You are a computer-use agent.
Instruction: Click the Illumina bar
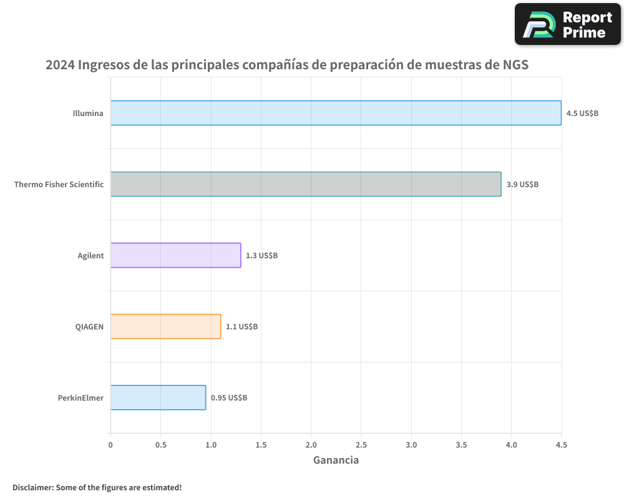(x=336, y=113)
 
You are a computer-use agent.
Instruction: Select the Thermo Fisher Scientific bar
(x=306, y=184)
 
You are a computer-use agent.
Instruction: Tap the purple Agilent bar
(x=175, y=255)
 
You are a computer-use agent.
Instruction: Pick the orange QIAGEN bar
(x=165, y=326)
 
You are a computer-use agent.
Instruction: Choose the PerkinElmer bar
(x=158, y=397)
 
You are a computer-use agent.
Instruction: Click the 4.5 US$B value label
(x=582, y=114)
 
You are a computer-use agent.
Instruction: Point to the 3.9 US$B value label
(x=522, y=185)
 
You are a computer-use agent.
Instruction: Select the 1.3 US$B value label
(x=261, y=256)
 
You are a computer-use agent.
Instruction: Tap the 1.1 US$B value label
(x=241, y=327)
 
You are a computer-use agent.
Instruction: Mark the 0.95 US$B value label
(x=229, y=398)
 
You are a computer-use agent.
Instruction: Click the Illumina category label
(x=87, y=114)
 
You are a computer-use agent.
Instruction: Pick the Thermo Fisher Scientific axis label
(x=59, y=185)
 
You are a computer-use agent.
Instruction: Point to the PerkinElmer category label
(x=80, y=398)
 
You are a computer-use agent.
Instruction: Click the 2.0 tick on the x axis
(x=311, y=445)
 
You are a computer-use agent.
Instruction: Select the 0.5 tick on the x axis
(x=160, y=445)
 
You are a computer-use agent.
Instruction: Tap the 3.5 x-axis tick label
(x=461, y=445)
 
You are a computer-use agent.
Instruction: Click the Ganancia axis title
(x=336, y=460)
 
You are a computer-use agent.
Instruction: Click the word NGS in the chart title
(x=515, y=65)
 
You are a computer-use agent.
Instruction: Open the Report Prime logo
(x=568, y=24)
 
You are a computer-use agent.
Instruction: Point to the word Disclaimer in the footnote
(x=32, y=487)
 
